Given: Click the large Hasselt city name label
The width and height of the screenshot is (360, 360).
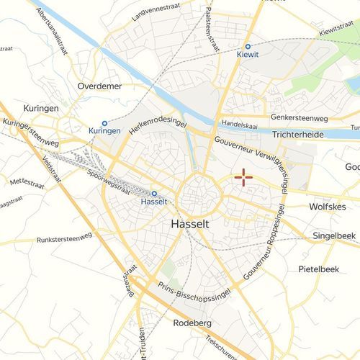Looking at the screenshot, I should pos(191,224).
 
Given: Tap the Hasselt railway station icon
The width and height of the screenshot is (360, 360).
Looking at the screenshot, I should pos(153,193).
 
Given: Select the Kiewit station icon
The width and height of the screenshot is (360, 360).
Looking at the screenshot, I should pos(248,45).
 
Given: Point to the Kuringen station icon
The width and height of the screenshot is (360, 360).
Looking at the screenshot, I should pos(104,123).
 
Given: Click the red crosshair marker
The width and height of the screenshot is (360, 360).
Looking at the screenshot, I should pos(243,178).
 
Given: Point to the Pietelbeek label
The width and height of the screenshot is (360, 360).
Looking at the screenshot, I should pos(318,269).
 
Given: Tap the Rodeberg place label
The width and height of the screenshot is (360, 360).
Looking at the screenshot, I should pos(193,323).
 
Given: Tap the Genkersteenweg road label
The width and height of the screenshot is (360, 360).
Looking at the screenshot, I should pos(299,117).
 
